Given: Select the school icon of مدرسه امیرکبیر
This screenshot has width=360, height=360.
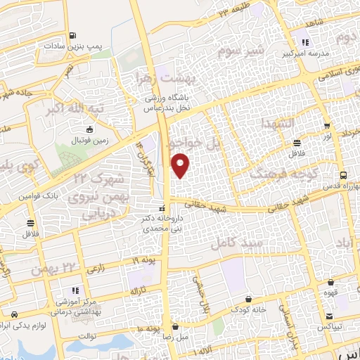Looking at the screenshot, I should coord(304,41).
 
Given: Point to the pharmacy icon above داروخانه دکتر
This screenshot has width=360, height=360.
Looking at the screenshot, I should coord(162,209).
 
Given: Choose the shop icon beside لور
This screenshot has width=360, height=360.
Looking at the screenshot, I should coord(326,127).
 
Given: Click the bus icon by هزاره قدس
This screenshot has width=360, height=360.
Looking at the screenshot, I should coord(342,176).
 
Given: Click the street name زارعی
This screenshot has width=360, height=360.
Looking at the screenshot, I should coord(95,269).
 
